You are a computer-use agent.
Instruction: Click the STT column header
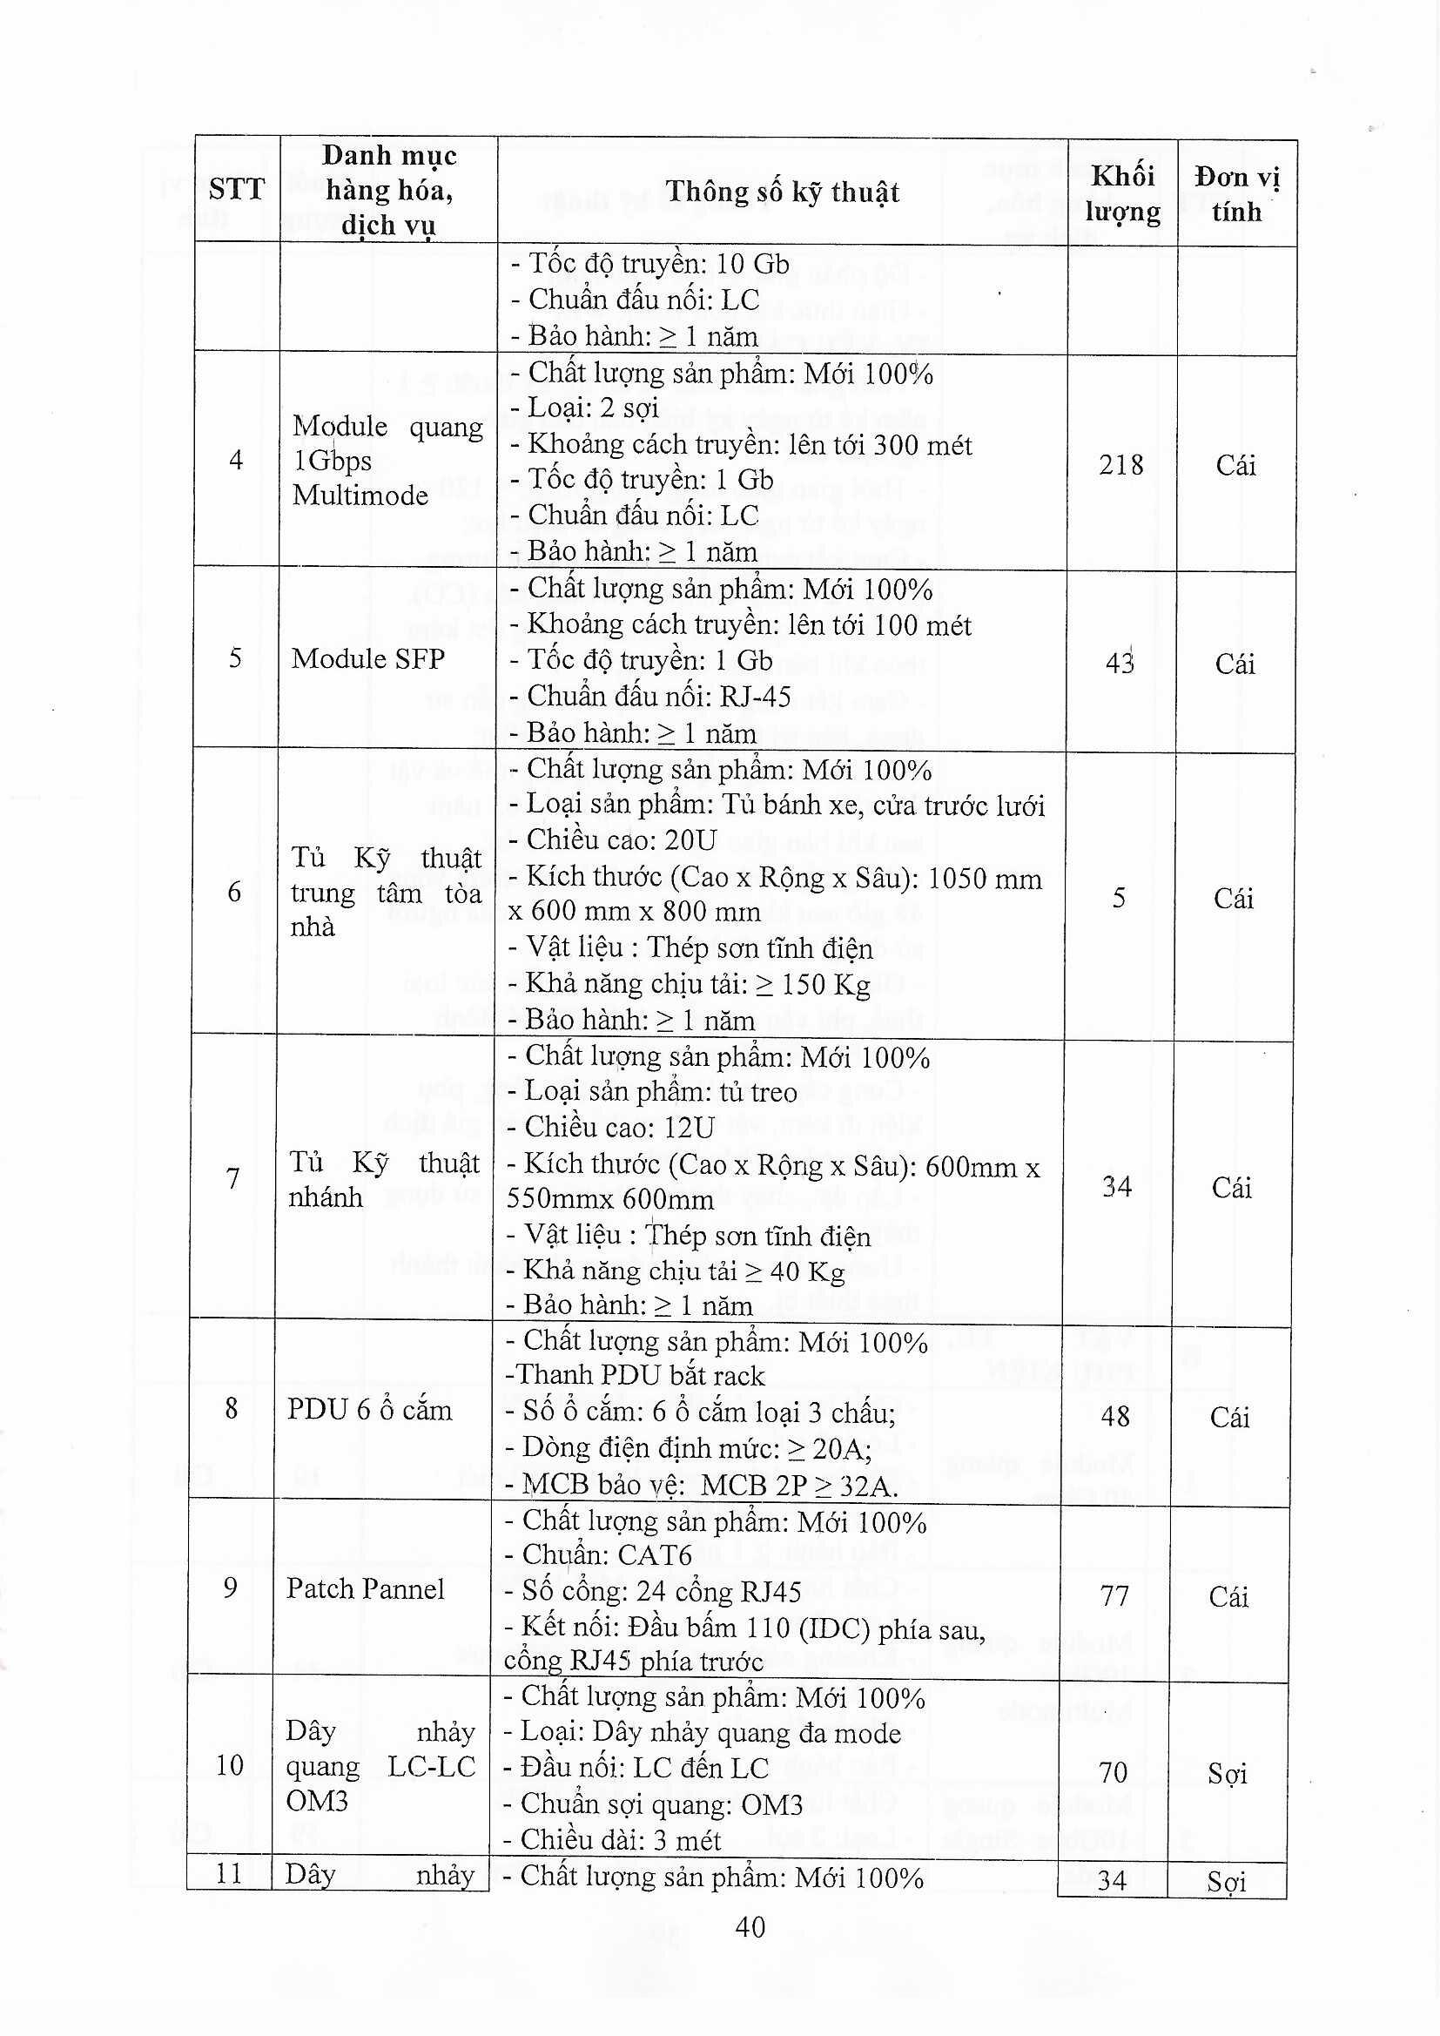[237, 189]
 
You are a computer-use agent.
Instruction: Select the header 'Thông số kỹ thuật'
[782, 192]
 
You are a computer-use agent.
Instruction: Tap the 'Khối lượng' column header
[1121, 193]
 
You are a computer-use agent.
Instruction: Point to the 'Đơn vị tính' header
[1236, 193]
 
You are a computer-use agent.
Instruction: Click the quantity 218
[1120, 465]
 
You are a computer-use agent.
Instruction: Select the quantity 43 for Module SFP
[1119, 663]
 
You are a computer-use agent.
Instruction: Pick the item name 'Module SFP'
[367, 658]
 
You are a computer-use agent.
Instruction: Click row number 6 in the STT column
[234, 891]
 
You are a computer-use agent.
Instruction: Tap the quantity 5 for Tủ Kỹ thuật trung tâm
[1119, 898]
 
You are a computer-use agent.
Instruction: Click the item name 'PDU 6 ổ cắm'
[369, 1410]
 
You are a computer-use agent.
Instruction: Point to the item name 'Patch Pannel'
[365, 1588]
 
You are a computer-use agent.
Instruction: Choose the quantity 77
[1114, 1596]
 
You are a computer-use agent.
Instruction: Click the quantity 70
[1113, 1773]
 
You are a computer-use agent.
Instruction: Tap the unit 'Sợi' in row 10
[1228, 1774]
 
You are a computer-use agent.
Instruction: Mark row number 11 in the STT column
[229, 1874]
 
